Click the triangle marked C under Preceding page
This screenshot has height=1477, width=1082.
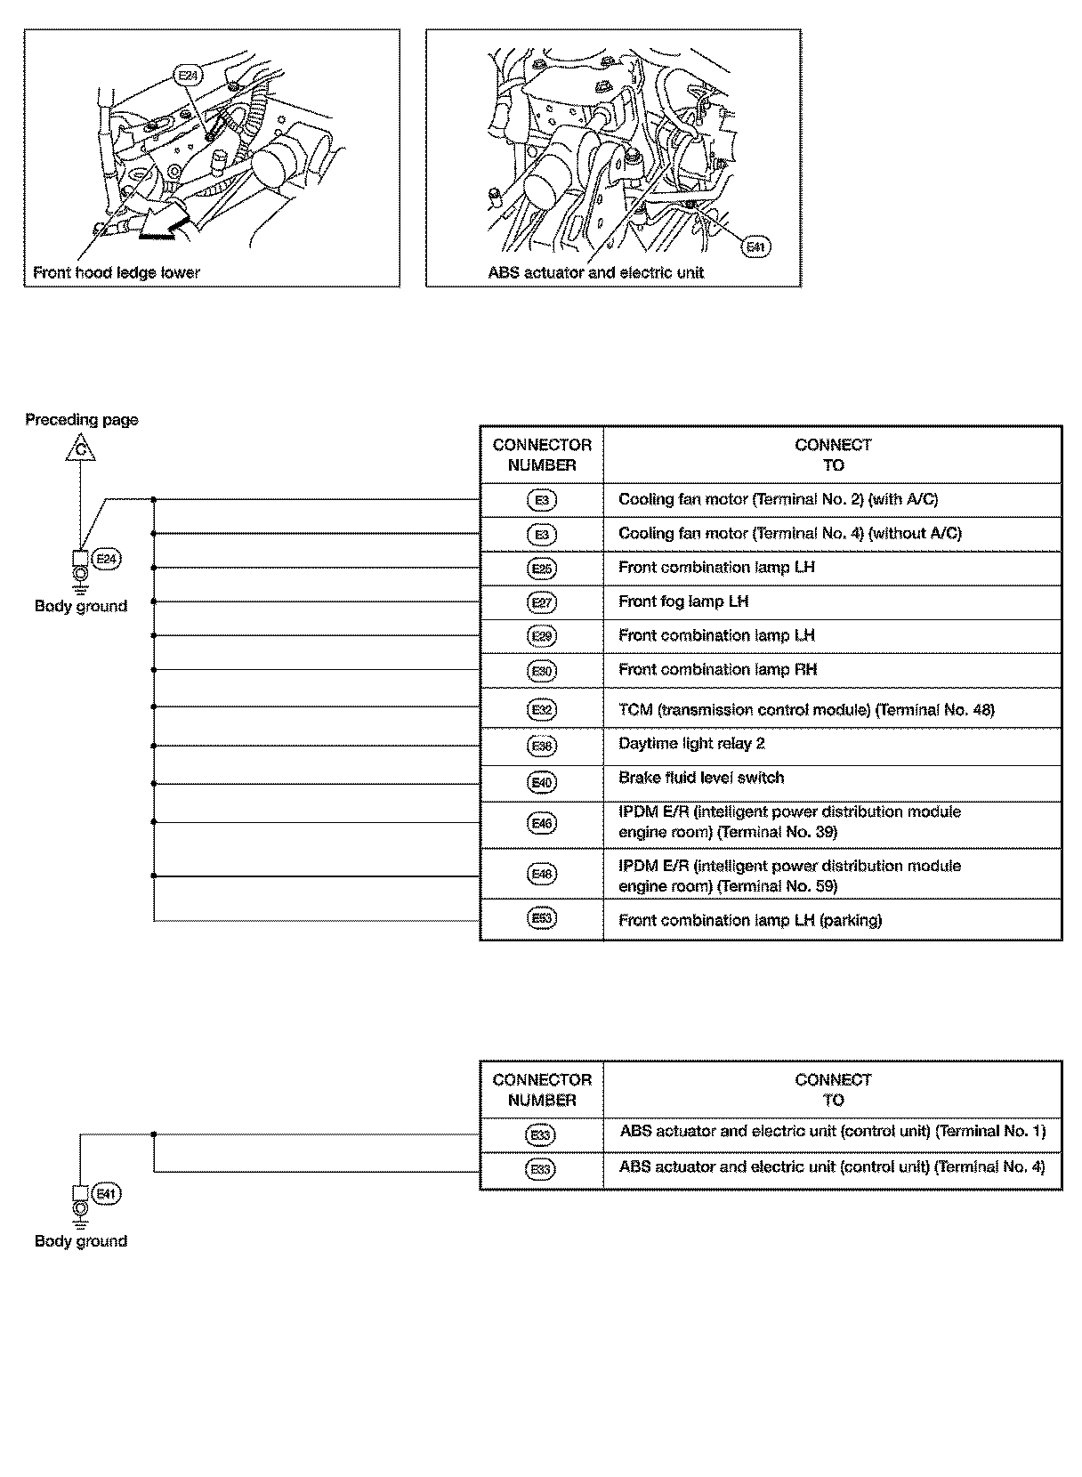tap(80, 448)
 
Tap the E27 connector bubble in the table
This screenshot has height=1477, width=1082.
tap(541, 602)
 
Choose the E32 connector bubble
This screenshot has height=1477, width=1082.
tap(541, 709)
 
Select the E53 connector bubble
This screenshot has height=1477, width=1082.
tap(541, 919)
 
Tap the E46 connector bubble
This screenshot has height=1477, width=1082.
tap(541, 824)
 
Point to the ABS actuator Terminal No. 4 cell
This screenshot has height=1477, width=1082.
tap(832, 1167)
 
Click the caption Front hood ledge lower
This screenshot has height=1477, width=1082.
tap(117, 273)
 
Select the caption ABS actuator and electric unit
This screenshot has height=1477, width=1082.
tap(595, 273)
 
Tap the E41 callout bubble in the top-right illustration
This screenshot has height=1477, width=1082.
tap(755, 246)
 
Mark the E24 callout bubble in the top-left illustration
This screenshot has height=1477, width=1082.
tap(187, 76)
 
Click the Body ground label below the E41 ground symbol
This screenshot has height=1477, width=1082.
tap(81, 1241)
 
